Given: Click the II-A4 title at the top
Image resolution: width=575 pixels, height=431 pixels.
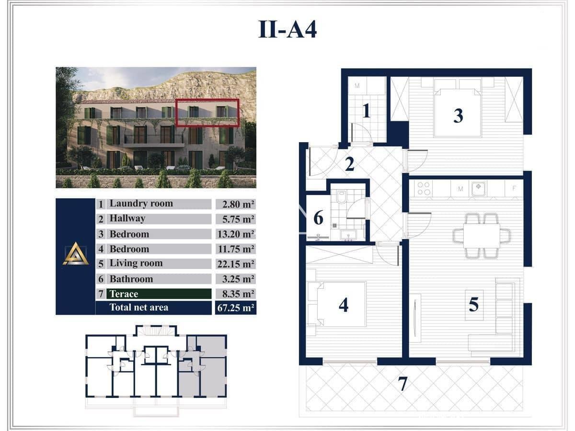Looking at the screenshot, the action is coord(287,29).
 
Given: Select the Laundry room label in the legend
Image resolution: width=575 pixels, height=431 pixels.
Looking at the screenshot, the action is coord(141,204).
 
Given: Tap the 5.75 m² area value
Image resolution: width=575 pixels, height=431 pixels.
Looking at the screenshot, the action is coord(238,219).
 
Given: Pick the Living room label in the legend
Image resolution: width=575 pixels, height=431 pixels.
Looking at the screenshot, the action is coord(136,263).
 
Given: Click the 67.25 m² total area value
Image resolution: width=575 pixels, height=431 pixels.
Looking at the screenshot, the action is coord(235,307).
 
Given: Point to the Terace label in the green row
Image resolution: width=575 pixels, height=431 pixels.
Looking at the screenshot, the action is coord(124,294).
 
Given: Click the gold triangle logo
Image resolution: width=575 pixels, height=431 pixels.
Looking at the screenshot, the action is coord(76,253).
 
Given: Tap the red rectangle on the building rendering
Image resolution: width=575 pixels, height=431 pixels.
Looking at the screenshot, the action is coord(207,113).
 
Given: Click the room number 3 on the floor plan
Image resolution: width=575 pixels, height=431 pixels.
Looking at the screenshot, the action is coord(458,116).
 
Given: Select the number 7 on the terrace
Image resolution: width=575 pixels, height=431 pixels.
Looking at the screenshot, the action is coord(402,384).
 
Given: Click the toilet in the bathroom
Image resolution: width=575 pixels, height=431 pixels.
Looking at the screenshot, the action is coord(341,197).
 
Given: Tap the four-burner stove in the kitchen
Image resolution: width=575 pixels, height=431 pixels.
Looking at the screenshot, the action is coord(424,188).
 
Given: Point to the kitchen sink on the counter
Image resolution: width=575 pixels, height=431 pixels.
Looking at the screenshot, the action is coord(479,188).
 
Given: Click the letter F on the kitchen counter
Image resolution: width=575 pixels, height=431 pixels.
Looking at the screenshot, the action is coord(514,188).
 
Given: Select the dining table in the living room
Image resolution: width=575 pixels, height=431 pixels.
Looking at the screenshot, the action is coord(482,236).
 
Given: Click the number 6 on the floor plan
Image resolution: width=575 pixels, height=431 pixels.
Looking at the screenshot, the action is coord(318,218).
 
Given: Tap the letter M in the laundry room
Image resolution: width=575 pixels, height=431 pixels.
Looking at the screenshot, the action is coord(357,86).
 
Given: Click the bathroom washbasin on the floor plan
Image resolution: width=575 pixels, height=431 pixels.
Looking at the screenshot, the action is coord(348,235).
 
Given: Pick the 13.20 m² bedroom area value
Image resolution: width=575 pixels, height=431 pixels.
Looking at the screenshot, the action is coord(235,234).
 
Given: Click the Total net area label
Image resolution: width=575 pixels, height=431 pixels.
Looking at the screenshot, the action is coord(139,307).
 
